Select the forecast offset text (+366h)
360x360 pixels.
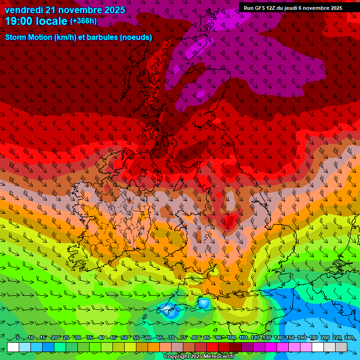pos(83,21)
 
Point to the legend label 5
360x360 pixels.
pos(17,338)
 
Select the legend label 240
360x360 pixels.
pos(349,338)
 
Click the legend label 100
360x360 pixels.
pos(231,338)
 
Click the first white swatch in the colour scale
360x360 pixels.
pos(13,347)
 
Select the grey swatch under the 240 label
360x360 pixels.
pos(342,347)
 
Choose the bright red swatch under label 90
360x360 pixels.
pos(212,347)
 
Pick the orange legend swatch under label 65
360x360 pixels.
pos(154,347)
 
